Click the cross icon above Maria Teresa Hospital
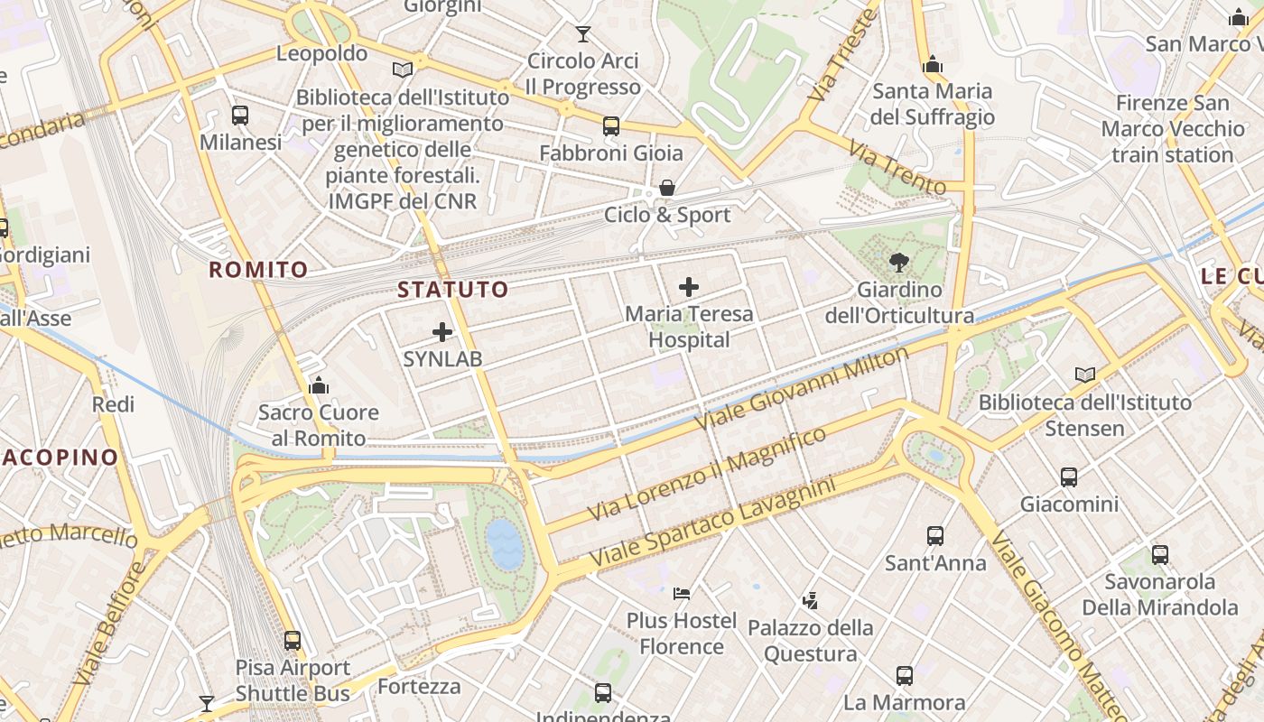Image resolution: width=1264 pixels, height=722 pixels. (x=689, y=288)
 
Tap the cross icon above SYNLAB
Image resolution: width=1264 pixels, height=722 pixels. (x=442, y=332)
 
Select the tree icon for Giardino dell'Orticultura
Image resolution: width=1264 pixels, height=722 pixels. (x=898, y=263)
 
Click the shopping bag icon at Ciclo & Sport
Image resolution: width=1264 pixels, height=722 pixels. (x=667, y=188)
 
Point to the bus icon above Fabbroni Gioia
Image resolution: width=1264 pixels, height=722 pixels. (x=611, y=126)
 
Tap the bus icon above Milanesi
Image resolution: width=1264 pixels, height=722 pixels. (x=240, y=116)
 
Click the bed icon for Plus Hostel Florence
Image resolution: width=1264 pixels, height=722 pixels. (x=682, y=594)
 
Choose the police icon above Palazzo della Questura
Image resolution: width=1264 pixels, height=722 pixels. (x=810, y=600)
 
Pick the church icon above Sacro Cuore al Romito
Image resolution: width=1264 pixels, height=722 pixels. (x=318, y=385)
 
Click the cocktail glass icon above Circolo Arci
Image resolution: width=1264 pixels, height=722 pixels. (x=583, y=34)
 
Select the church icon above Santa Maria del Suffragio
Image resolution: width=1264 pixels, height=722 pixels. (x=933, y=64)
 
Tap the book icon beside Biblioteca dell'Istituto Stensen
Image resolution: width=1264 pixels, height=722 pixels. (x=1084, y=375)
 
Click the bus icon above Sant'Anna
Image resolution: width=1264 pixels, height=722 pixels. (x=935, y=536)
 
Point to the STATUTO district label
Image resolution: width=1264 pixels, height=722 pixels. (x=453, y=290)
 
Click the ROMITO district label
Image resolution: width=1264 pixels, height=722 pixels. (x=258, y=269)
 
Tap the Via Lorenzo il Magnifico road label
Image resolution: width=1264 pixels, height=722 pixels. (x=706, y=475)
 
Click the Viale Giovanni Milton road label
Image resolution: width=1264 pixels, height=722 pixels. (x=801, y=389)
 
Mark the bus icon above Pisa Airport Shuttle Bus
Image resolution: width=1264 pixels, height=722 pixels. (x=293, y=641)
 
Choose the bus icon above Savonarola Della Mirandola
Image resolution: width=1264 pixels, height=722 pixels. (x=1160, y=555)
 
